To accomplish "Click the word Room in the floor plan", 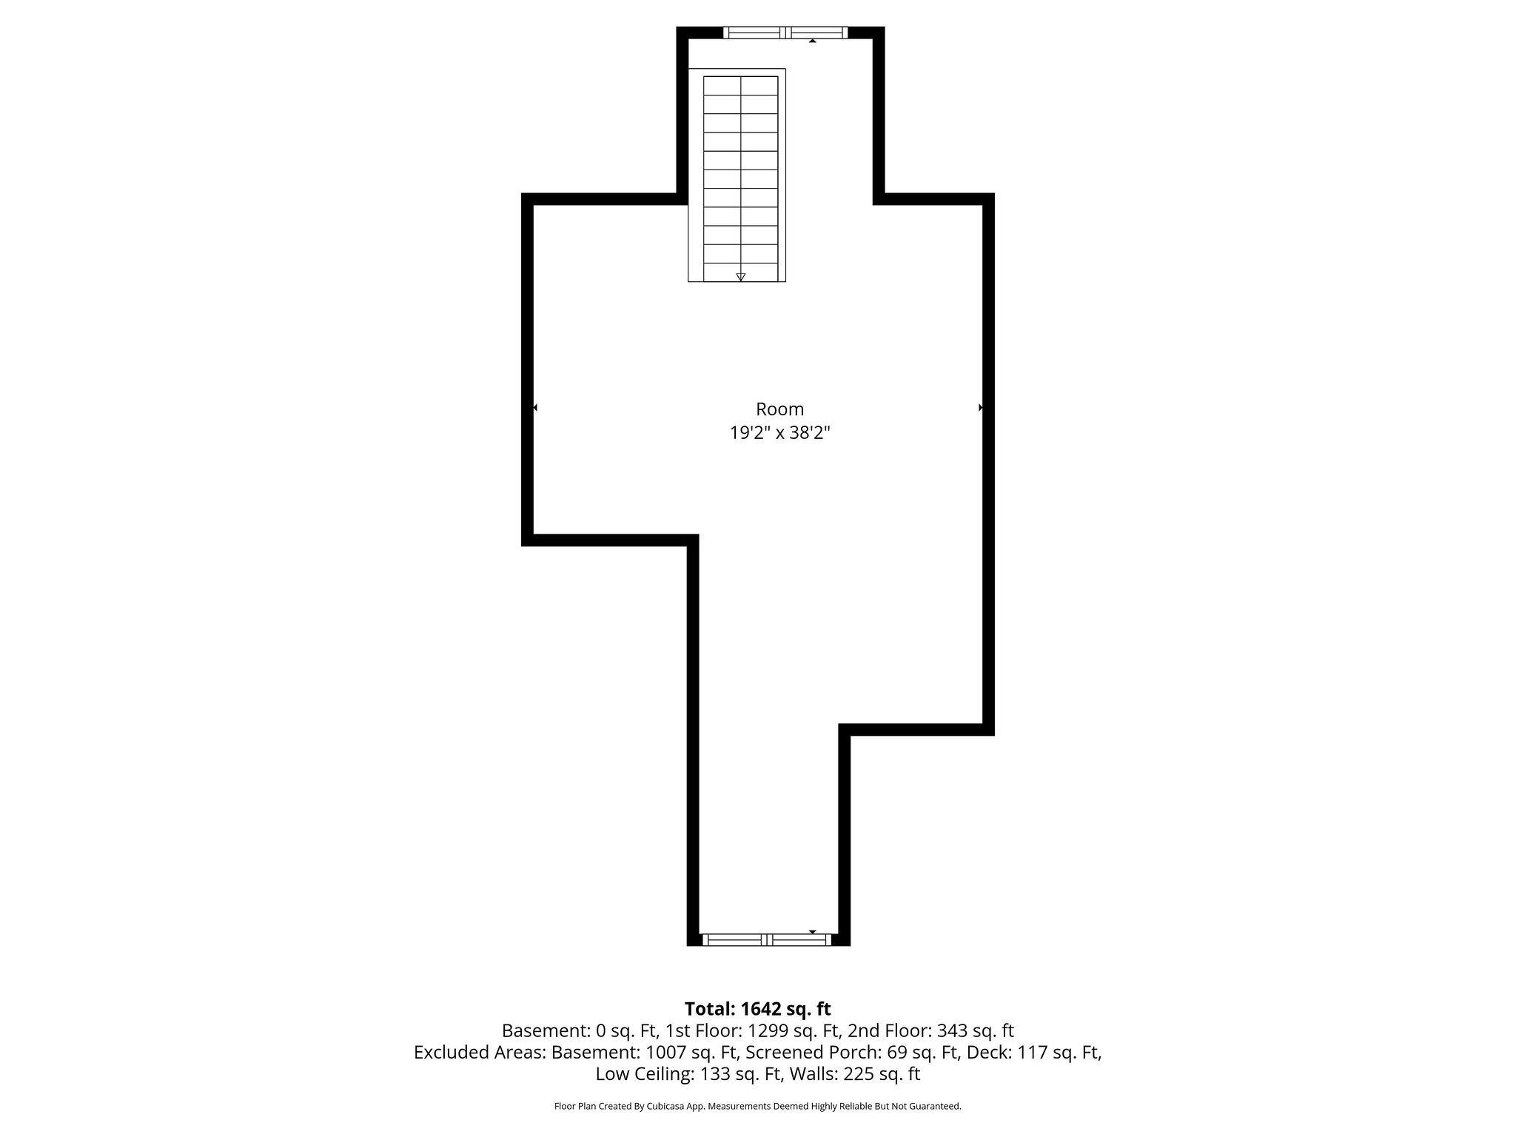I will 779,409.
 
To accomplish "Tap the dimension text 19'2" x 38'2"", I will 779,433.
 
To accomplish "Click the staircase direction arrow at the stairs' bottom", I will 740,277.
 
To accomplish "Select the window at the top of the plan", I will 785,32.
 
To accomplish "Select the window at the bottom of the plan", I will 766,940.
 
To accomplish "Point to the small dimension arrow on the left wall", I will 535,407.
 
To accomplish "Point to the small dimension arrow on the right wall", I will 981,407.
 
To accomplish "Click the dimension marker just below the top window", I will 812,41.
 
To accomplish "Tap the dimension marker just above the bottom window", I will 812,931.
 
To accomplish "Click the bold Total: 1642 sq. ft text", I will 757,1009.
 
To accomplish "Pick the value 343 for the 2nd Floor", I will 953,1030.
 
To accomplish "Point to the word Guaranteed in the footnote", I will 936,1106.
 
